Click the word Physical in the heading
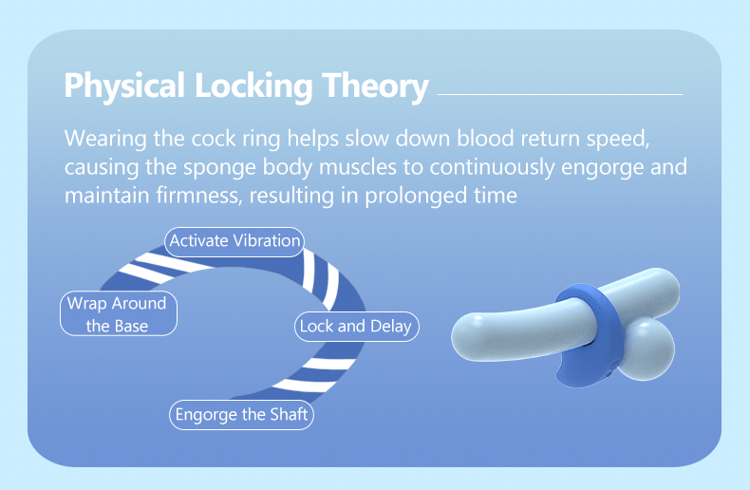124,85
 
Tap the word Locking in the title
253,85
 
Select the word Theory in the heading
376,85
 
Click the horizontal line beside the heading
560,94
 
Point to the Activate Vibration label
234,240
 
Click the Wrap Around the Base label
117,314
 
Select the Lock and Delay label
356,326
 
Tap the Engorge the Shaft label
241,415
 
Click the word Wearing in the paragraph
105,138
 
